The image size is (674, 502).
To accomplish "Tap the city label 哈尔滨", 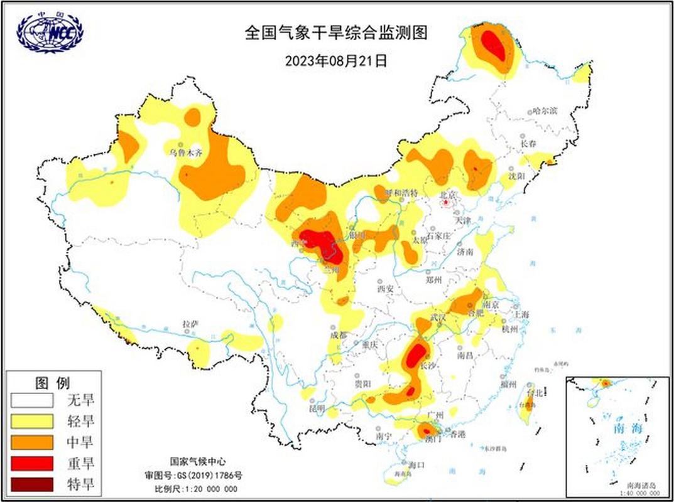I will (545, 111).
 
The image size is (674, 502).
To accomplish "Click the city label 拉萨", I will (190, 324).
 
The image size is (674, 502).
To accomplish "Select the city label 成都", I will (339, 335).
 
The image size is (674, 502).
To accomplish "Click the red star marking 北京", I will (446, 203).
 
